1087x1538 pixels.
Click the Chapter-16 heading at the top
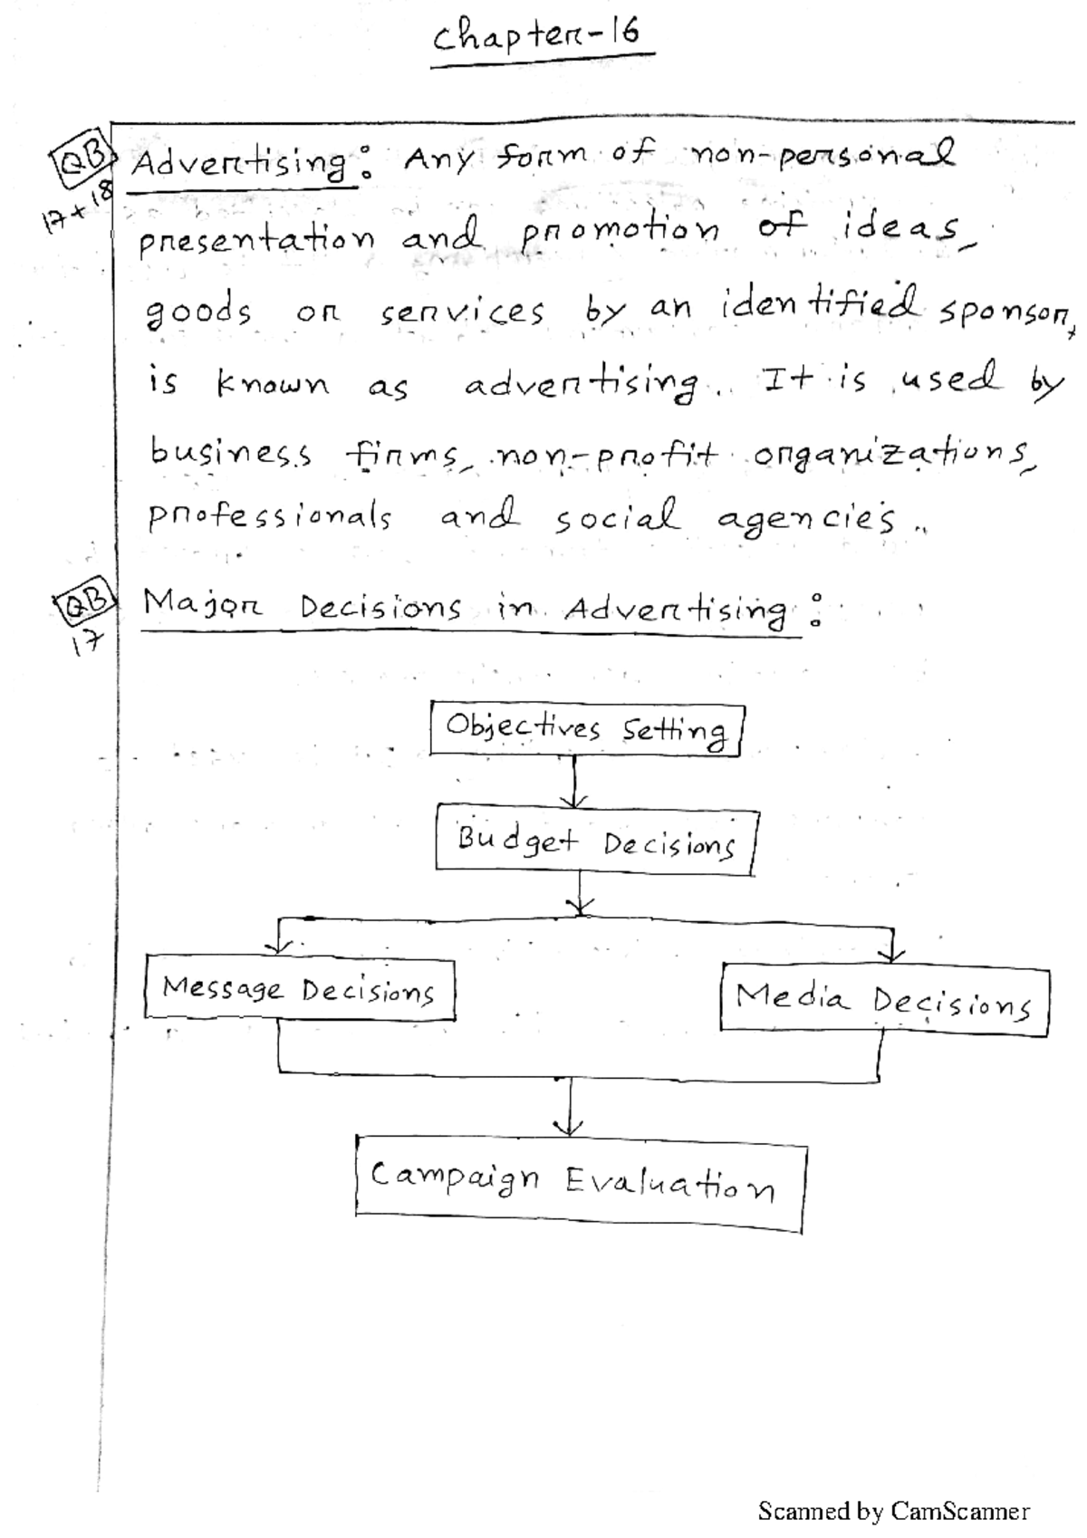pyautogui.click(x=536, y=38)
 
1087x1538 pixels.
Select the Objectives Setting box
pyautogui.click(x=587, y=729)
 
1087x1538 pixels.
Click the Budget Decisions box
pyautogui.click(x=595, y=842)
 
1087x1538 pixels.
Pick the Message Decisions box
pyautogui.click(x=299, y=989)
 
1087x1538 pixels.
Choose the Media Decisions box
pyautogui.click(x=884, y=1000)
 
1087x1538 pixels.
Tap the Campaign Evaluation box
pyautogui.click(x=580, y=1183)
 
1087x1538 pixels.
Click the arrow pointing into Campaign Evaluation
pyautogui.click(x=569, y=1110)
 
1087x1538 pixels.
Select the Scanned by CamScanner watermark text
pyautogui.click(x=893, y=1511)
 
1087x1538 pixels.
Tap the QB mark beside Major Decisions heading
pyautogui.click(x=83, y=600)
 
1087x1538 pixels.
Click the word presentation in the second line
pyautogui.click(x=256, y=240)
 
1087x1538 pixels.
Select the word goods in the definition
pyautogui.click(x=199, y=312)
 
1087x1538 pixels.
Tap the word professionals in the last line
pyautogui.click(x=269, y=517)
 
